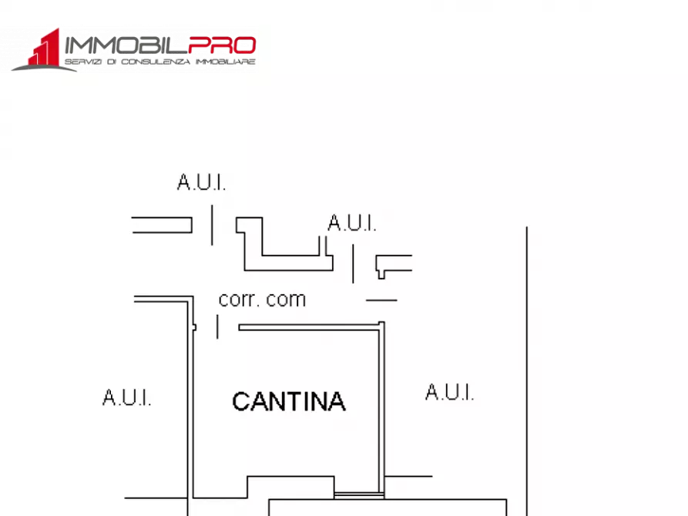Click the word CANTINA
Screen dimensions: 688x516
point(288,401)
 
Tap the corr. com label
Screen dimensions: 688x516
point(262,299)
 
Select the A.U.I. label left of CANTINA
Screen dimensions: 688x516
point(127,398)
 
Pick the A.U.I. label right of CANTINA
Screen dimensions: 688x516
point(449,393)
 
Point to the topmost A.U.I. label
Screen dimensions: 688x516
point(201,183)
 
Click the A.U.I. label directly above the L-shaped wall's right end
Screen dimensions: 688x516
point(352,223)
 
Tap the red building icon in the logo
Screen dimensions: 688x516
point(45,48)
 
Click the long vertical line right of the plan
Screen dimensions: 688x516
point(526,370)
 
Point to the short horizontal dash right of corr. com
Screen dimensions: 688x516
point(381,300)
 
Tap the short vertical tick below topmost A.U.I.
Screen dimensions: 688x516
point(212,225)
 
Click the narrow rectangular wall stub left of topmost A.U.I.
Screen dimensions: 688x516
point(162,225)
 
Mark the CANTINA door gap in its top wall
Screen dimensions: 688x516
point(228,327)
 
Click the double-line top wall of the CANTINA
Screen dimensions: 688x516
point(308,327)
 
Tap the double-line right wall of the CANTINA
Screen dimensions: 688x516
point(381,408)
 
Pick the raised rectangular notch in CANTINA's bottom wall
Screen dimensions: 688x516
point(290,486)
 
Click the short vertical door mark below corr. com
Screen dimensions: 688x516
point(217,327)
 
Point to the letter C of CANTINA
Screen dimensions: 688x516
point(241,402)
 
